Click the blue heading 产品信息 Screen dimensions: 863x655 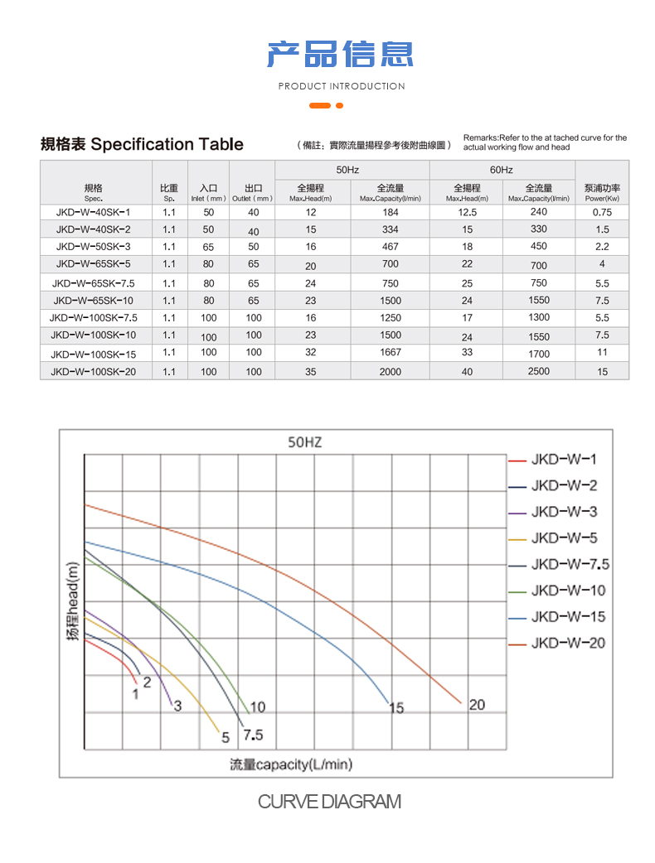tap(341, 54)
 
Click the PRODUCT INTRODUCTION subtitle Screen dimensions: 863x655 tap(341, 86)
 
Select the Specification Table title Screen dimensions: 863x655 tap(142, 144)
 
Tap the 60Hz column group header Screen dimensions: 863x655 tap(502, 170)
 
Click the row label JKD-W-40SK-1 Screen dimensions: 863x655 tap(93, 212)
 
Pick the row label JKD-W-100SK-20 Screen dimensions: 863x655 tap(93, 372)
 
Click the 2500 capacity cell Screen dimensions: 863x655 tap(539, 371)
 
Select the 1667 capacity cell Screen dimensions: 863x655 tap(390, 353)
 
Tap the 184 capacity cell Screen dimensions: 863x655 tap(390, 212)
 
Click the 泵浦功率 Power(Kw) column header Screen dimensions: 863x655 tap(602, 191)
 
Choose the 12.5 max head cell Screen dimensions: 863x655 tap(468, 212)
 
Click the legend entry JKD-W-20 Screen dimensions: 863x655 tap(568, 644)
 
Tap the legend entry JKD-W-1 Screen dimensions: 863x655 tap(563, 460)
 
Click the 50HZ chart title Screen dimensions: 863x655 tap(303, 443)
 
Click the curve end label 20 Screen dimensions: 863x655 tap(477, 705)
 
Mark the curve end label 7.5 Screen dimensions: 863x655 tap(253, 735)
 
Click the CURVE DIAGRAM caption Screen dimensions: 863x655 tap(329, 802)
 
